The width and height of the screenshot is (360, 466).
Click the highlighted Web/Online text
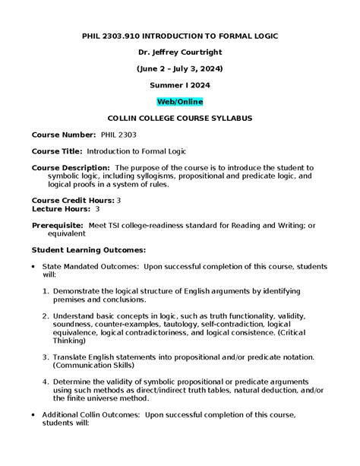179,101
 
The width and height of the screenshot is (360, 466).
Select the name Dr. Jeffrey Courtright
179,51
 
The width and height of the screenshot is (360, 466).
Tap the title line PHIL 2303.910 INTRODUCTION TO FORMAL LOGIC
179,34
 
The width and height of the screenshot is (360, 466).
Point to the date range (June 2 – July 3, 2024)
179,68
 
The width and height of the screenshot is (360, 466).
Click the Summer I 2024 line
179,84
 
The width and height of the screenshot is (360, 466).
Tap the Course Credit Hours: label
73,199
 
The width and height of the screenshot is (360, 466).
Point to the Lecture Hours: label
62,208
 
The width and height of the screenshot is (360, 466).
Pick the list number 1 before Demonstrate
47,291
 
